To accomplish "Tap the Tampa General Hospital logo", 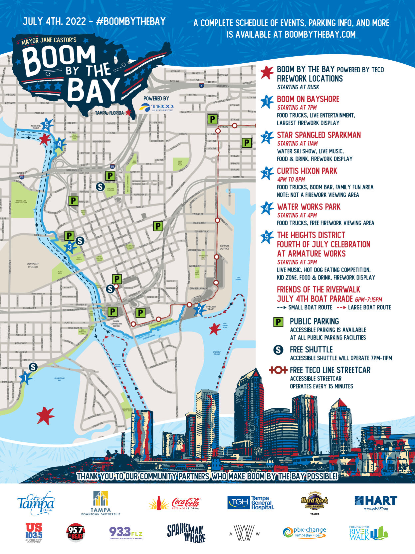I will (251, 503).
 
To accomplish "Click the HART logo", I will (376, 502).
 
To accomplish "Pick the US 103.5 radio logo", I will (34, 532).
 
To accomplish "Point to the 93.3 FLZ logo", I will (126, 532).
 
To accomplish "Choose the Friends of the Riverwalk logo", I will (368, 532).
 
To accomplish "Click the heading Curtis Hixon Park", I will (307, 171).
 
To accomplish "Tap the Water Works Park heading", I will (309, 207).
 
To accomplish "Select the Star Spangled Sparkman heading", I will (318, 135).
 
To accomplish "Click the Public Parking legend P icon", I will (278, 322).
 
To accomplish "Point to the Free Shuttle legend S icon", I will (278, 350).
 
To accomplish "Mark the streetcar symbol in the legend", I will (278, 370).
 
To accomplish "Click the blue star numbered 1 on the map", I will (25, 377).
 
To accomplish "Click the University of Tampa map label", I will (33, 265).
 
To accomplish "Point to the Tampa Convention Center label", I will (116, 323).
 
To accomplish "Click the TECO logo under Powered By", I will (157, 107).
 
